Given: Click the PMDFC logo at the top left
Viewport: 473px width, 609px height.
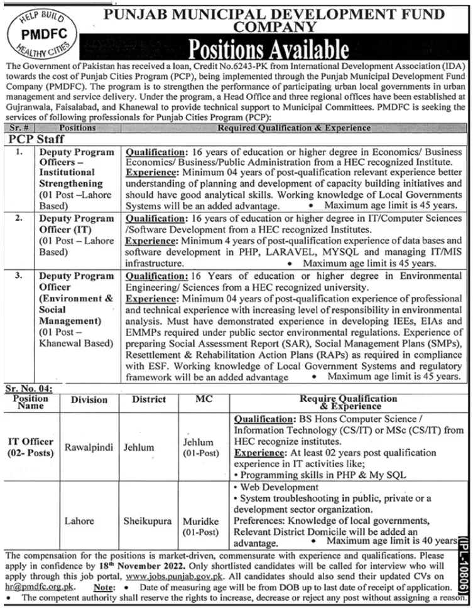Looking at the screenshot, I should point(42,31).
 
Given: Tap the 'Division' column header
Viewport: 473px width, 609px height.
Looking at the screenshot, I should point(89,400).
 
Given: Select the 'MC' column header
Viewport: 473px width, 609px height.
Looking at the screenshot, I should point(203,399).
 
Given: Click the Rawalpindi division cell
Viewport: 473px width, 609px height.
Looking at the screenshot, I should point(90,448).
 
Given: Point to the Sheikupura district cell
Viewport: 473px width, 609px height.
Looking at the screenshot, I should point(149,520).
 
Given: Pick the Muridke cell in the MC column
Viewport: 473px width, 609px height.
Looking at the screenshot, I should point(202,520).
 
